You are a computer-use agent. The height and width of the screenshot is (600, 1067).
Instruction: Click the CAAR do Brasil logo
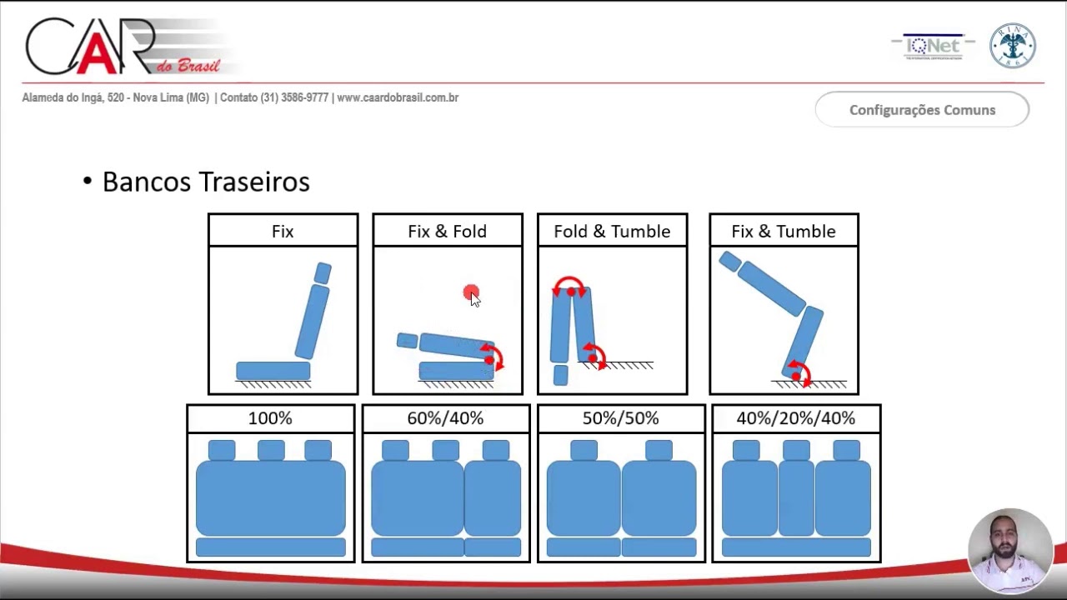(125, 48)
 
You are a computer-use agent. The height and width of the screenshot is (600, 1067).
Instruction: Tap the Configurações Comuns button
(922, 110)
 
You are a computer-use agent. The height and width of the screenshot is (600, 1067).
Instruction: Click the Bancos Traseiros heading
(205, 182)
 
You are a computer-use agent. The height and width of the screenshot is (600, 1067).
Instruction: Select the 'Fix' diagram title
(283, 232)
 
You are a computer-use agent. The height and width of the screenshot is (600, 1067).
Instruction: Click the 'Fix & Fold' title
(447, 232)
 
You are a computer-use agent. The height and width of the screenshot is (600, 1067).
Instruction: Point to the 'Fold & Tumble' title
(612, 232)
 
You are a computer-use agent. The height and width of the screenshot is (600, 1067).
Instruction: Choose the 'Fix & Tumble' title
(783, 232)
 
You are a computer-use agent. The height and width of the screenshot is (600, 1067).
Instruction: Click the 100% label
(270, 418)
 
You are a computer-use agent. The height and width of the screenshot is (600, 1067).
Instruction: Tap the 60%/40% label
(445, 418)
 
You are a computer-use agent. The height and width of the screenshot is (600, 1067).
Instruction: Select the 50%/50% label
(620, 418)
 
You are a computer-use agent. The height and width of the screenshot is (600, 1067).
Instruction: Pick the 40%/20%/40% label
(795, 418)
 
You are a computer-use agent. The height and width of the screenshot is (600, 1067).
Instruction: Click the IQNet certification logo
(934, 47)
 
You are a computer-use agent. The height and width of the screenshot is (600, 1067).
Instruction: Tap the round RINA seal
(1012, 46)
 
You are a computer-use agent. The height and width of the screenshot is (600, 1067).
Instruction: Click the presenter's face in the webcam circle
(1009, 542)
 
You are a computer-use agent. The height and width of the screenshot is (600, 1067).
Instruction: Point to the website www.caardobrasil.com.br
(398, 97)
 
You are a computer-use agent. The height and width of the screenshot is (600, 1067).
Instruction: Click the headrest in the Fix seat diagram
(323, 272)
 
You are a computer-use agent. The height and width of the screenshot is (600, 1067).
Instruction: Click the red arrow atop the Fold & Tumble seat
(569, 286)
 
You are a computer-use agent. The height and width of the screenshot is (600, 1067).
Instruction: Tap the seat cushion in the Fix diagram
(273, 371)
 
